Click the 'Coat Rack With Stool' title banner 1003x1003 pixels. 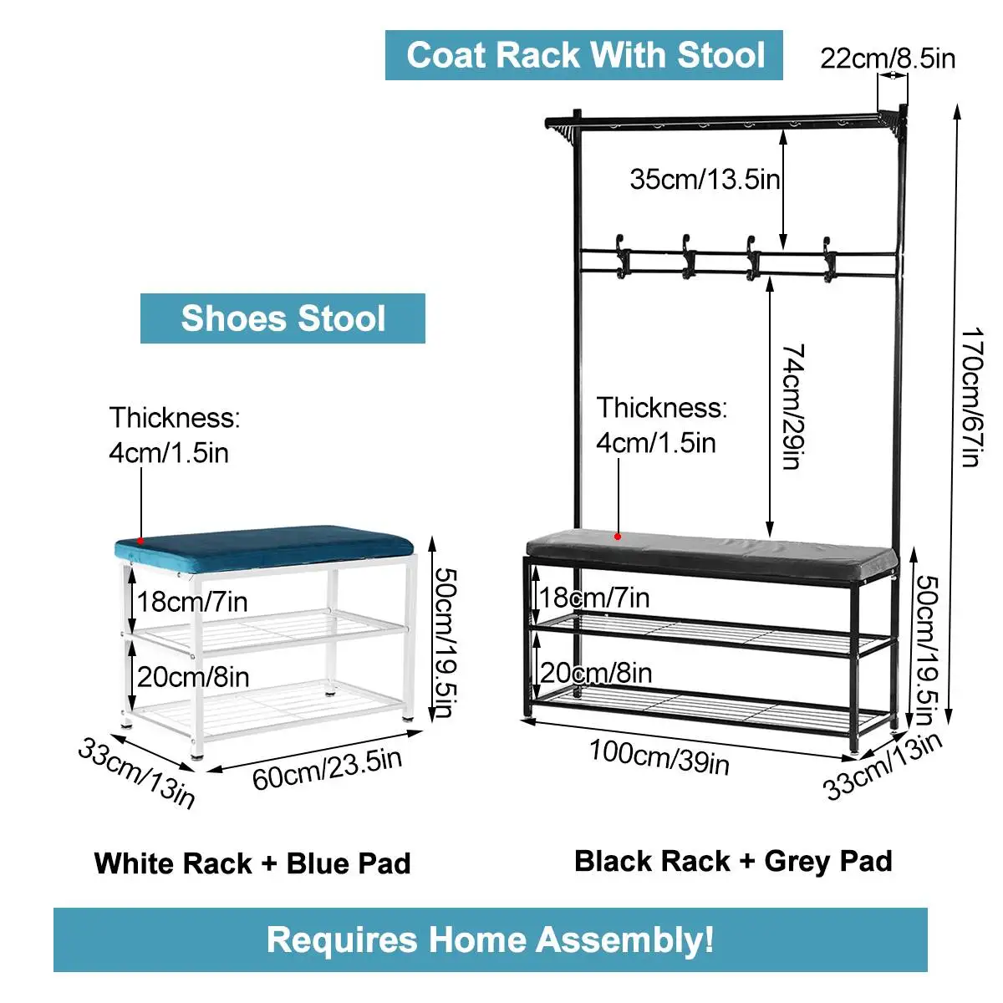click(584, 55)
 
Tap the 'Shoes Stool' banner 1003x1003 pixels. click(283, 318)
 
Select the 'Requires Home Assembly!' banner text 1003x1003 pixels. click(491, 939)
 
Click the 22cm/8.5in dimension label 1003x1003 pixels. click(887, 59)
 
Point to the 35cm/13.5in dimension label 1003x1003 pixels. click(705, 178)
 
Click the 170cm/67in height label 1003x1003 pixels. click(972, 397)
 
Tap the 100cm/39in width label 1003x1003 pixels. click(659, 756)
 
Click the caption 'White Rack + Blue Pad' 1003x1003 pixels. click(252, 863)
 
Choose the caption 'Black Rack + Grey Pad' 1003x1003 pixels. click(733, 861)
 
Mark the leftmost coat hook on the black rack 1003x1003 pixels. click(623, 256)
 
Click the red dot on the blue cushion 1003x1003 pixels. click(140, 541)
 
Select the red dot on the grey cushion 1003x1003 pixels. click(618, 536)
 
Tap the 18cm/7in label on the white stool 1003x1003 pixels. click(192, 601)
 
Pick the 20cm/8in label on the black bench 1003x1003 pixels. click(596, 673)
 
